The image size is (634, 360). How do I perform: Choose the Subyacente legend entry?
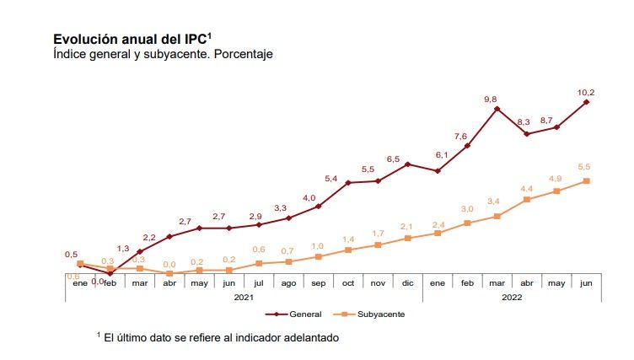pyautogui.click(x=380, y=314)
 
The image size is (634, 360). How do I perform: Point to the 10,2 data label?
pyautogui.click(x=586, y=92)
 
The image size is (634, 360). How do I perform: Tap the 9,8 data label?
pyautogui.click(x=491, y=99)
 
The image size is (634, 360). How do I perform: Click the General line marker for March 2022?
pyautogui.click(x=497, y=109)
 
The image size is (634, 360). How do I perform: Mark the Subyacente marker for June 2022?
pyautogui.click(x=586, y=180)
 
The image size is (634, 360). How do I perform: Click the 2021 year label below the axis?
pyautogui.click(x=244, y=296)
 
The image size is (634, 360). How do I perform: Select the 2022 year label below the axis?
pyautogui.click(x=512, y=296)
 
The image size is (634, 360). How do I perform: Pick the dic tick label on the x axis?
pyautogui.click(x=407, y=283)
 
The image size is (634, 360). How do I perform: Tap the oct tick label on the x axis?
pyautogui.click(x=348, y=283)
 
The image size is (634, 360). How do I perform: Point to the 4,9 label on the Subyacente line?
pyautogui.click(x=555, y=179)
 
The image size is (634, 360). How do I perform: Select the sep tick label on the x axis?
pyautogui.click(x=318, y=283)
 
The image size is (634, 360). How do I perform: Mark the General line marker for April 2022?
pyautogui.click(x=527, y=134)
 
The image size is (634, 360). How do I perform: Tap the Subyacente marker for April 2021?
pyautogui.click(x=169, y=273)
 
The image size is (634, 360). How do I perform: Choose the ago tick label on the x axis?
pyautogui.click(x=288, y=283)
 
